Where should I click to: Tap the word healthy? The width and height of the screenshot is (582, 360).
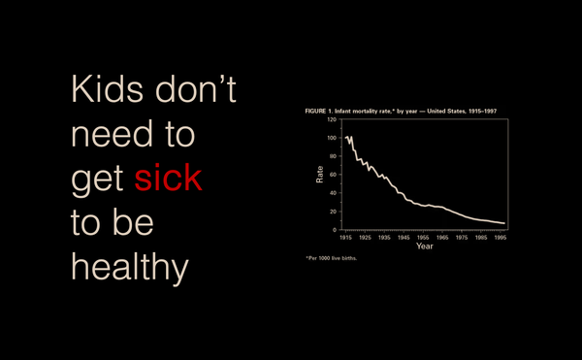click(x=128, y=268)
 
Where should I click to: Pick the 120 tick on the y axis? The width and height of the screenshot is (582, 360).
click(x=330, y=119)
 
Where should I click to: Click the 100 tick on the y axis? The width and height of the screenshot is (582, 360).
click(x=330, y=138)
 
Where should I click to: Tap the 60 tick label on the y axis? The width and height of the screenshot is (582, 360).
click(x=332, y=175)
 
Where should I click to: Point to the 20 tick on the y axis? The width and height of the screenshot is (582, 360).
click(x=332, y=211)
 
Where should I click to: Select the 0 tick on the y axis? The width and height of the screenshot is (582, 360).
click(x=334, y=229)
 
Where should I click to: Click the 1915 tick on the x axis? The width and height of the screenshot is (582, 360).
click(x=345, y=237)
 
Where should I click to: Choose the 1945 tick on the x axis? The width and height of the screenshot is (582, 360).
click(x=404, y=237)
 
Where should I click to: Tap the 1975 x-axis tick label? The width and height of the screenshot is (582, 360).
click(x=462, y=237)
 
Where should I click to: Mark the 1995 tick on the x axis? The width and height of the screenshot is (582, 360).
click(x=500, y=237)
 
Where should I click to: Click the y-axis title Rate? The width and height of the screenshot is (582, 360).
click(x=319, y=175)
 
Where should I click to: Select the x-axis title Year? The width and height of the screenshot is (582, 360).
click(x=424, y=245)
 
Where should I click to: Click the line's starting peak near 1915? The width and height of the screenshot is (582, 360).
click(x=346, y=138)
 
